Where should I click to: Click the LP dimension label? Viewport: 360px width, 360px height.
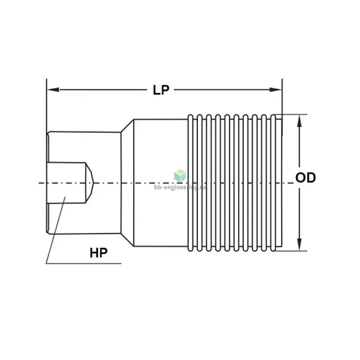161,90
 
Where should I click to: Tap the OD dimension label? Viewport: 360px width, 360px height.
305,177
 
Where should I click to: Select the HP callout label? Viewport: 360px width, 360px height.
99,253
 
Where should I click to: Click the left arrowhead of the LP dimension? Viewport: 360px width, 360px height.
53,89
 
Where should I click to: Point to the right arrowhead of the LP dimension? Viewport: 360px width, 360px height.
276,89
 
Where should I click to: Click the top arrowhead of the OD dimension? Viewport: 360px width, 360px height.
299,121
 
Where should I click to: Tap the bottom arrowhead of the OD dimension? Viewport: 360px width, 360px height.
299,244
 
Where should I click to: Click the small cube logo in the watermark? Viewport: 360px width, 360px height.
180,176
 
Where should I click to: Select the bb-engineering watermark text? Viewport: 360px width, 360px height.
180,187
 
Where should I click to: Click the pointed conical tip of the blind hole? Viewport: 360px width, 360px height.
93,183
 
